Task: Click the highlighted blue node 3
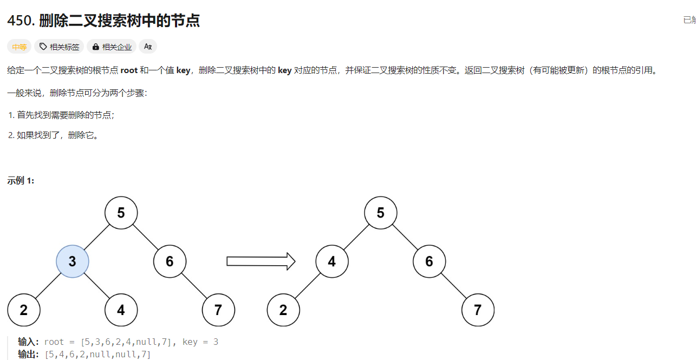click(73, 261)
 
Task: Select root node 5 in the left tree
click(121, 213)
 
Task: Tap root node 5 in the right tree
click(381, 213)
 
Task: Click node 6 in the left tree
click(170, 261)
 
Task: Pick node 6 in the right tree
click(429, 261)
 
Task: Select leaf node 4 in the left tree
click(121, 310)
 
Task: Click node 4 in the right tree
click(332, 261)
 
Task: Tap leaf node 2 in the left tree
click(24, 310)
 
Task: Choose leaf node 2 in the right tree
click(283, 310)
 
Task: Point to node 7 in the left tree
click(218, 310)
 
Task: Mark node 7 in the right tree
click(478, 310)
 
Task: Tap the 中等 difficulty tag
click(19, 47)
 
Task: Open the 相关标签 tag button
click(60, 47)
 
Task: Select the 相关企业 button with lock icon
click(112, 47)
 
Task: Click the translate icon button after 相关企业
click(148, 47)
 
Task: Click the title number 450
click(21, 21)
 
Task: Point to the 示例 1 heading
click(21, 181)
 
